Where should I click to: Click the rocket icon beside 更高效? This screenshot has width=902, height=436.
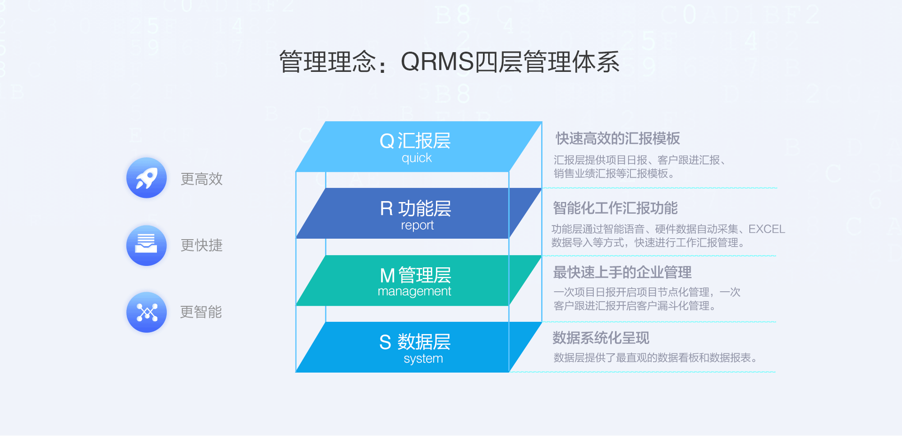coord(147,178)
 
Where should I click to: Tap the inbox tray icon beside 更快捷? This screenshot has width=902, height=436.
coord(147,245)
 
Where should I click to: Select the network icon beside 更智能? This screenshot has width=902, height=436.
coord(147,312)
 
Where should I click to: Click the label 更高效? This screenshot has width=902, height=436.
coord(202,179)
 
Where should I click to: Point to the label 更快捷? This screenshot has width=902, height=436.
coord(202,245)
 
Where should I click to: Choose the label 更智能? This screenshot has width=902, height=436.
coord(201,312)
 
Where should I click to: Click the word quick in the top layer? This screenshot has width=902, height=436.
coord(417,158)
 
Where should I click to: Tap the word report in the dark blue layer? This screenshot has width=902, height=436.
coord(417,226)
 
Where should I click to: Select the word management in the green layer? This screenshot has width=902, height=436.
coord(414,292)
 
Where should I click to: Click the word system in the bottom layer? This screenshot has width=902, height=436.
coord(423,359)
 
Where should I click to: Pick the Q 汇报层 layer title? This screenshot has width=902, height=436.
coord(415,141)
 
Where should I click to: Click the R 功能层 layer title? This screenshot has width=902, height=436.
coord(415,209)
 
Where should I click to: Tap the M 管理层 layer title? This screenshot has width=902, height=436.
coord(415,275)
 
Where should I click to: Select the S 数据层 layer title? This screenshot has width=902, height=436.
coord(415,342)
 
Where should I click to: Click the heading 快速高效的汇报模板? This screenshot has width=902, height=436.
coord(618,139)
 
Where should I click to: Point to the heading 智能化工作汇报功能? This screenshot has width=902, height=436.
coord(615,208)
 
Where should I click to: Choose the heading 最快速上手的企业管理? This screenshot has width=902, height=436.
coord(622,272)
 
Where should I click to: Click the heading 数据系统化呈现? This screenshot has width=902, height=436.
coord(601,338)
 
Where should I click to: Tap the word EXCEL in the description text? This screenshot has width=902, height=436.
coord(767,229)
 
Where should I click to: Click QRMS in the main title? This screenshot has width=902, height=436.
coord(437,62)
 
